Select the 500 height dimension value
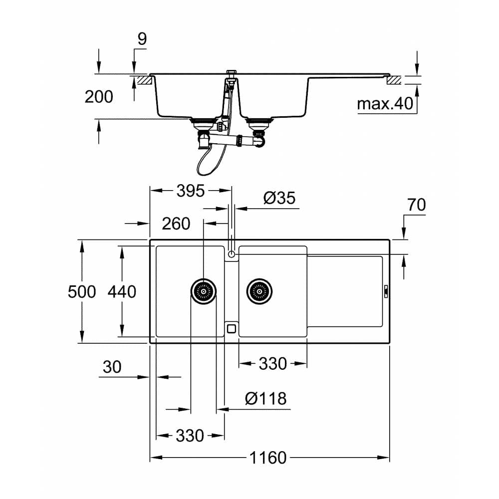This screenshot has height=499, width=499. click(x=82, y=291)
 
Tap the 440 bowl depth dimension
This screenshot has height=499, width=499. click(x=122, y=291)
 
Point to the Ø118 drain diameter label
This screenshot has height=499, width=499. click(x=266, y=398)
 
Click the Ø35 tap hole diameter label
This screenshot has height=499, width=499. click(x=279, y=198)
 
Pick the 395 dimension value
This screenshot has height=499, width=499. click(x=191, y=190)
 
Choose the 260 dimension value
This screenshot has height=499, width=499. click(x=176, y=224)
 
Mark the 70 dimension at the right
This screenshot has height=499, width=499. click(x=416, y=205)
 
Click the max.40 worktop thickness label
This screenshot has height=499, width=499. click(x=385, y=104)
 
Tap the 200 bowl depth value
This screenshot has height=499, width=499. click(x=99, y=97)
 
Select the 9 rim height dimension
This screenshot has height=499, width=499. click(x=142, y=39)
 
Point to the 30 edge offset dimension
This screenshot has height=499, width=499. click(x=112, y=367)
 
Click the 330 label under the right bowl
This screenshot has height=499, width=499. click(x=272, y=364)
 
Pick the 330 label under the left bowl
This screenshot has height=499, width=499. click(x=190, y=435)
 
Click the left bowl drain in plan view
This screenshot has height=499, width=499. click(x=204, y=290)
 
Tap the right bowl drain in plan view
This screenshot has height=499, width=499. click(x=260, y=290)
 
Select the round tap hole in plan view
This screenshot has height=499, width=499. click(x=231, y=254)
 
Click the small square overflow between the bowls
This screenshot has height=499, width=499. click(x=231, y=328)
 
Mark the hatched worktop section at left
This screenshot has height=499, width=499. click(x=143, y=79)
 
